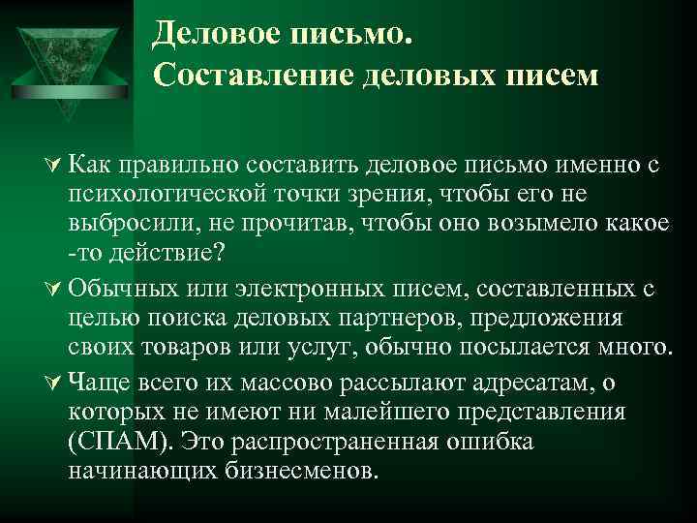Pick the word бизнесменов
304,471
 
